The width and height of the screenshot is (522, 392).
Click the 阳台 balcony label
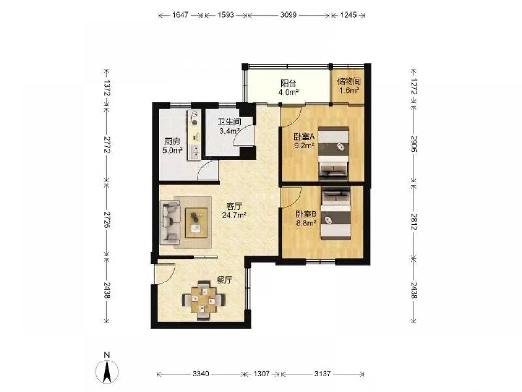pyautogui.click(x=288, y=83)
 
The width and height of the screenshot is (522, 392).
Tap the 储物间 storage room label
pyautogui.click(x=349, y=82)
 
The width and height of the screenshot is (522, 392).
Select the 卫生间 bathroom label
pyautogui.click(x=229, y=122)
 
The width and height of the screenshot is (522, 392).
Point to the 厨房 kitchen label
pyautogui.click(x=172, y=141)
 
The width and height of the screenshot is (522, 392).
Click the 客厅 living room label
pyautogui.click(x=234, y=206)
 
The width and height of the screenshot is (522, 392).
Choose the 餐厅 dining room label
pyautogui.click(x=224, y=280)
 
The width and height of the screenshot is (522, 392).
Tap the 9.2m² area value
pyautogui.click(x=304, y=145)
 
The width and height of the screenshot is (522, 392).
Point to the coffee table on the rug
pyautogui.click(x=196, y=223)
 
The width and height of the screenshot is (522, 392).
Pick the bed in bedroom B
pyautogui.click(x=336, y=213)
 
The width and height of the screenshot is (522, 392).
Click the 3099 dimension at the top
pyautogui.click(x=288, y=15)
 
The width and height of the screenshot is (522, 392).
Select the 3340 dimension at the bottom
pyautogui.click(x=201, y=374)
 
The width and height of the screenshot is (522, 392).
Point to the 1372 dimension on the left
pyautogui.click(x=106, y=88)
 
